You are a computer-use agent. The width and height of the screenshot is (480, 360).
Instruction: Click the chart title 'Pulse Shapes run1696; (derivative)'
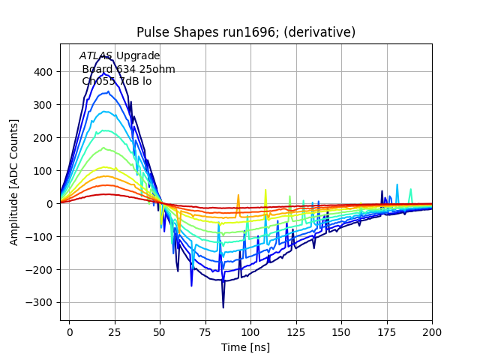pyautogui.click(x=245, y=32)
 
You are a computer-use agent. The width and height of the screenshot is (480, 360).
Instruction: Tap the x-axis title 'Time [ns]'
pyautogui.click(x=245, y=347)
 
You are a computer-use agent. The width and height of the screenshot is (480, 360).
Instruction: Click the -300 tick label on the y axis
pyautogui.click(x=40, y=303)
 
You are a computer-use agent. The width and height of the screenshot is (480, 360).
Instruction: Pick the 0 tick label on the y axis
pyautogui.click(x=49, y=204)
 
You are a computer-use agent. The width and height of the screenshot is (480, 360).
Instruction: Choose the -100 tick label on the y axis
pyautogui.click(x=40, y=237)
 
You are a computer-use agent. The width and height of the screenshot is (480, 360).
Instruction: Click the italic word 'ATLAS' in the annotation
pyautogui.click(x=96, y=56)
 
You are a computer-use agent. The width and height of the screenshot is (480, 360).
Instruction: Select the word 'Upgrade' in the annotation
pyautogui.click(x=138, y=56)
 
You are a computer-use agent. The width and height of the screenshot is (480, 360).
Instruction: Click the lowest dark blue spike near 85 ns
pyautogui.click(x=223, y=307)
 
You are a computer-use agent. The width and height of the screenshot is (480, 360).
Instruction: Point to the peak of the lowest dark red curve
pyautogui.click(x=106, y=194)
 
